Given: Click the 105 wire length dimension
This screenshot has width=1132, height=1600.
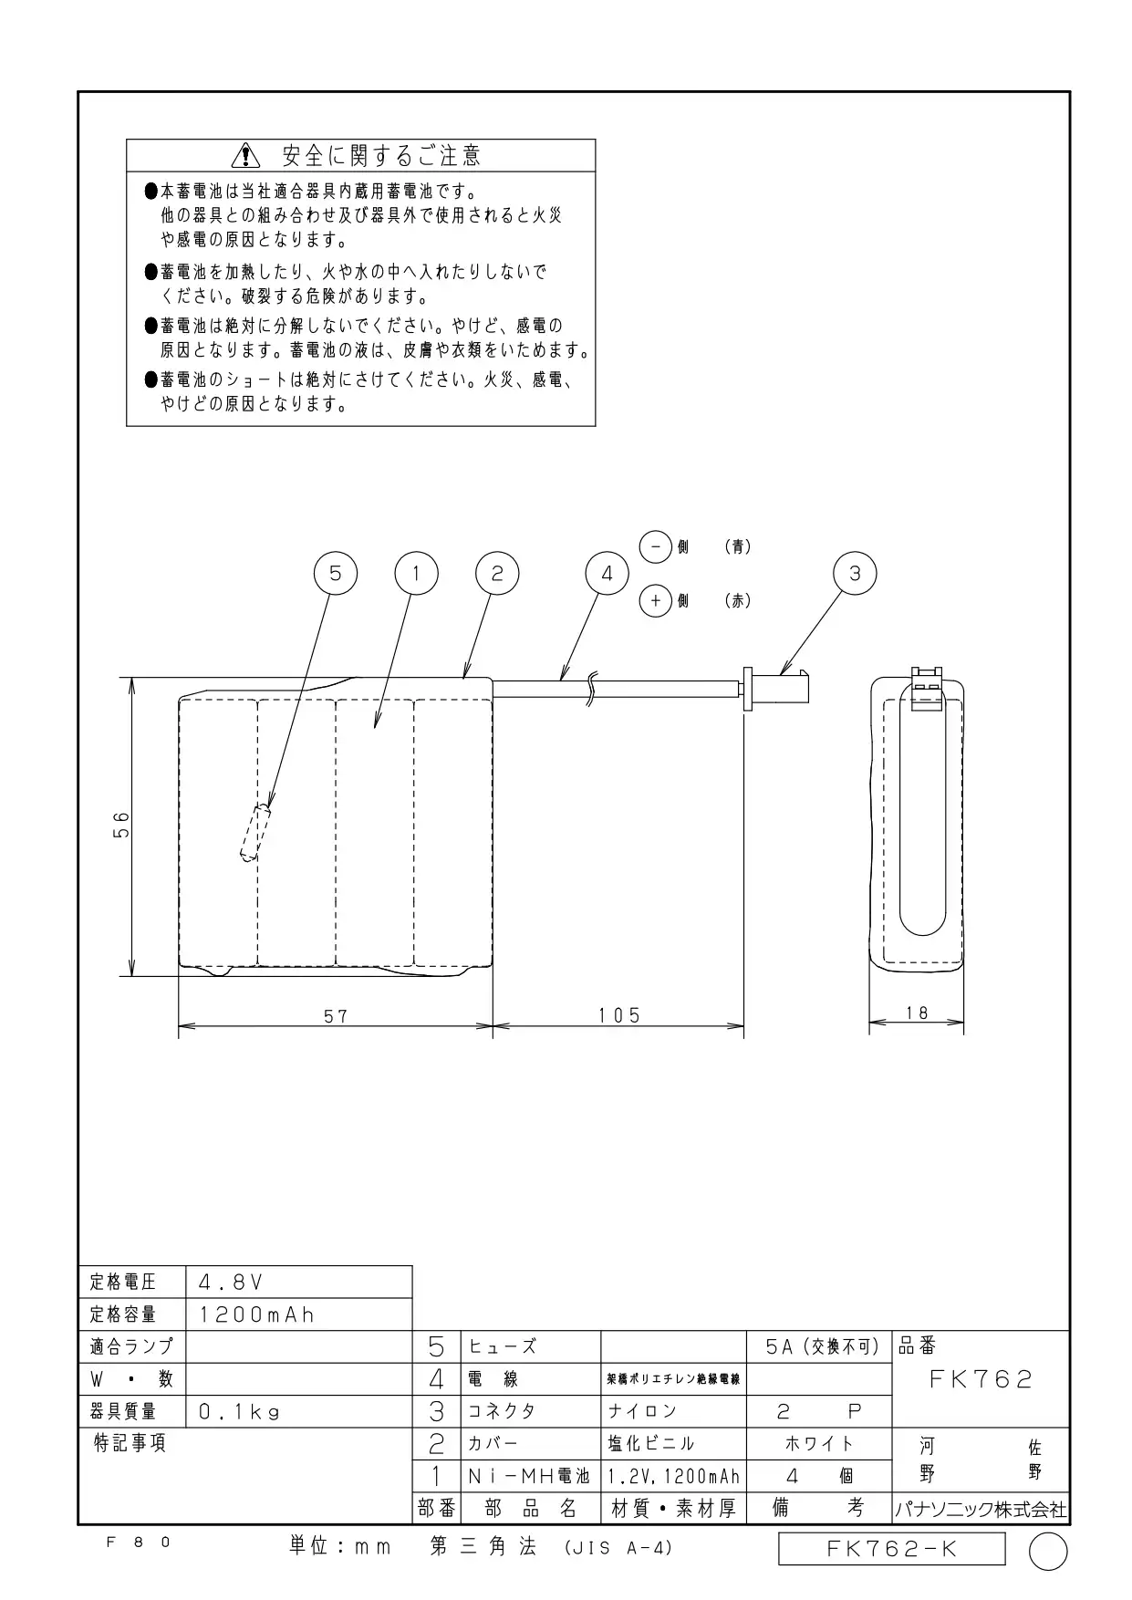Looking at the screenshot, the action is tap(619, 1015).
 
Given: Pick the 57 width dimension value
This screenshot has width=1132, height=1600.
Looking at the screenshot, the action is tap(336, 1015).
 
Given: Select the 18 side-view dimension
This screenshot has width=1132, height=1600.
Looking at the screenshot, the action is tap(917, 1013).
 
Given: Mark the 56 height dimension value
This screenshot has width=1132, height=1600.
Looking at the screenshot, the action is tap(122, 825).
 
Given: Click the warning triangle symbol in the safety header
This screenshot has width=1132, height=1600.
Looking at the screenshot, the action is tap(246, 156).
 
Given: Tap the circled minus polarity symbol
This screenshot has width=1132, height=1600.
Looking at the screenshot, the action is tap(656, 546).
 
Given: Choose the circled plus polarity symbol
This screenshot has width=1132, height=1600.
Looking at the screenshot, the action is tap(656, 601).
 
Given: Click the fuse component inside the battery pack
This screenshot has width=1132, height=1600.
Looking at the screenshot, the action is tap(256, 833).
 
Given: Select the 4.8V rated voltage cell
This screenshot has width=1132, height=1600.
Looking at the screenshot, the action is tap(298, 1282).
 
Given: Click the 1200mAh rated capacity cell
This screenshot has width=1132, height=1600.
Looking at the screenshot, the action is tap(298, 1314).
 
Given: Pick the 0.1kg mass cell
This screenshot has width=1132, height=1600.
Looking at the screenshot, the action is tap(298, 1412).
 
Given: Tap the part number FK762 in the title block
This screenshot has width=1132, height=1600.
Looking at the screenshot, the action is tap(981, 1379).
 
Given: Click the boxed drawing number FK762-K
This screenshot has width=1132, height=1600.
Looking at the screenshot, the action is tap(892, 1549).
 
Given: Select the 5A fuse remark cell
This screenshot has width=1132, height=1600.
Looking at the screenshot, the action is tap(818, 1347).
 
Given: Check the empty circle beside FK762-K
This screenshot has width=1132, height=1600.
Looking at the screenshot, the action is tap(1048, 1552).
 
